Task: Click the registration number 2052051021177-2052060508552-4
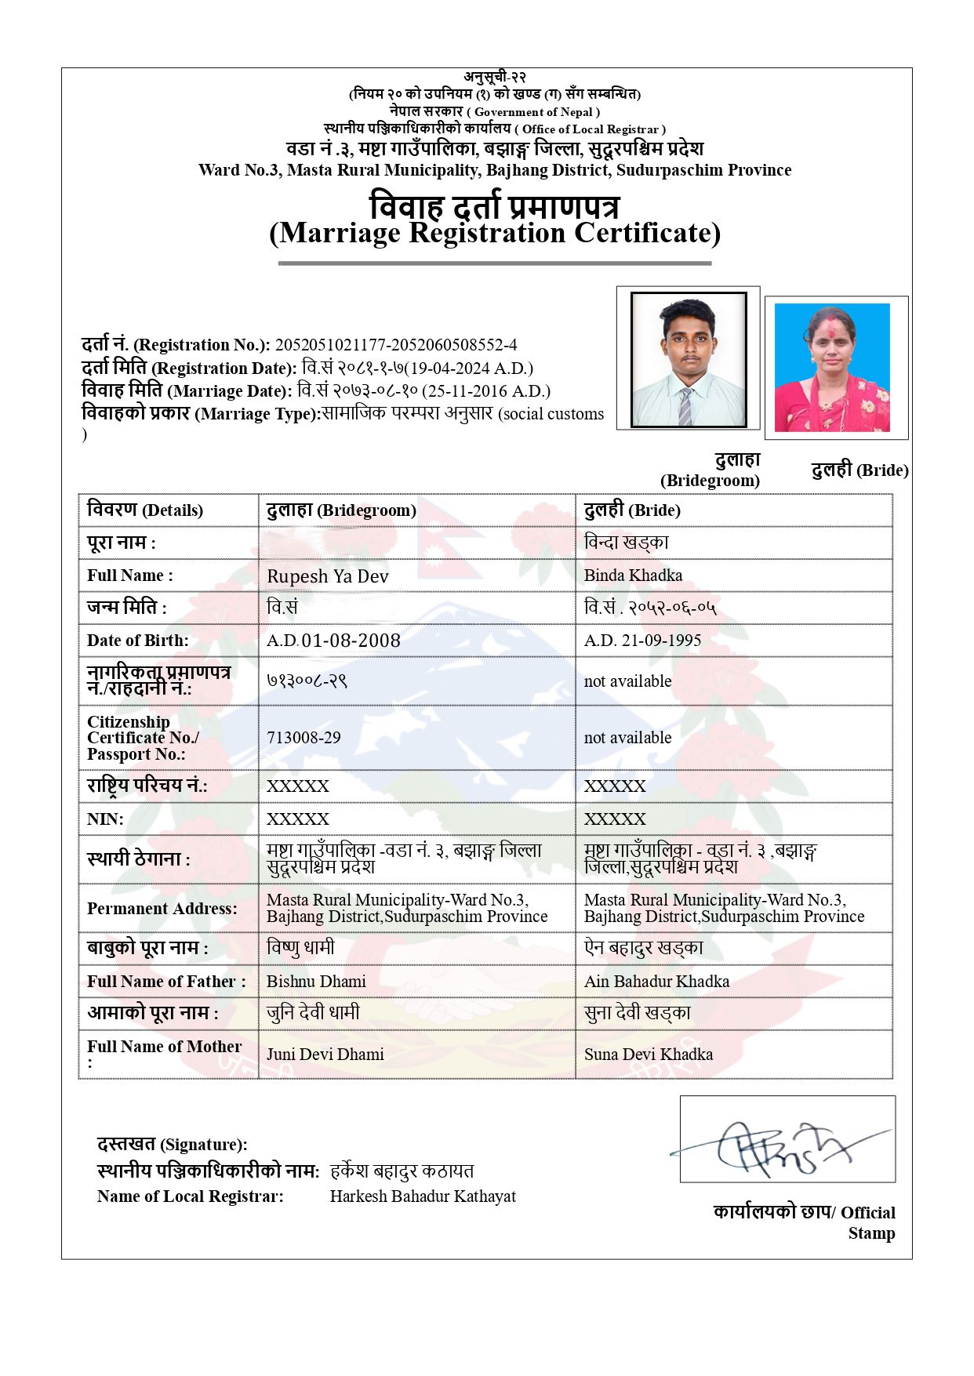(x=395, y=345)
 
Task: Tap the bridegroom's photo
(x=689, y=359)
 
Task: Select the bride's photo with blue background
(x=832, y=368)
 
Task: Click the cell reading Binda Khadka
(x=633, y=575)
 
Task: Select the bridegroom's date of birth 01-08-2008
(x=351, y=641)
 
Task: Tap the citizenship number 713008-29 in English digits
(x=303, y=738)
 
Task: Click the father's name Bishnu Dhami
(x=316, y=982)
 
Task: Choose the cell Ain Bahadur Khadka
(x=656, y=982)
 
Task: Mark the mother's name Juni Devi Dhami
(x=325, y=1055)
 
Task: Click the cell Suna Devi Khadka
(x=649, y=1055)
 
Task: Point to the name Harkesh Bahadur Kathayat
(x=423, y=1196)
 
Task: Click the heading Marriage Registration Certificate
(x=495, y=233)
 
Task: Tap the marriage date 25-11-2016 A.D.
(x=486, y=391)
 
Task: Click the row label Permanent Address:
(x=162, y=909)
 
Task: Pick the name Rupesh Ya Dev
(x=328, y=576)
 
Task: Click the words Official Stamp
(x=868, y=1223)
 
